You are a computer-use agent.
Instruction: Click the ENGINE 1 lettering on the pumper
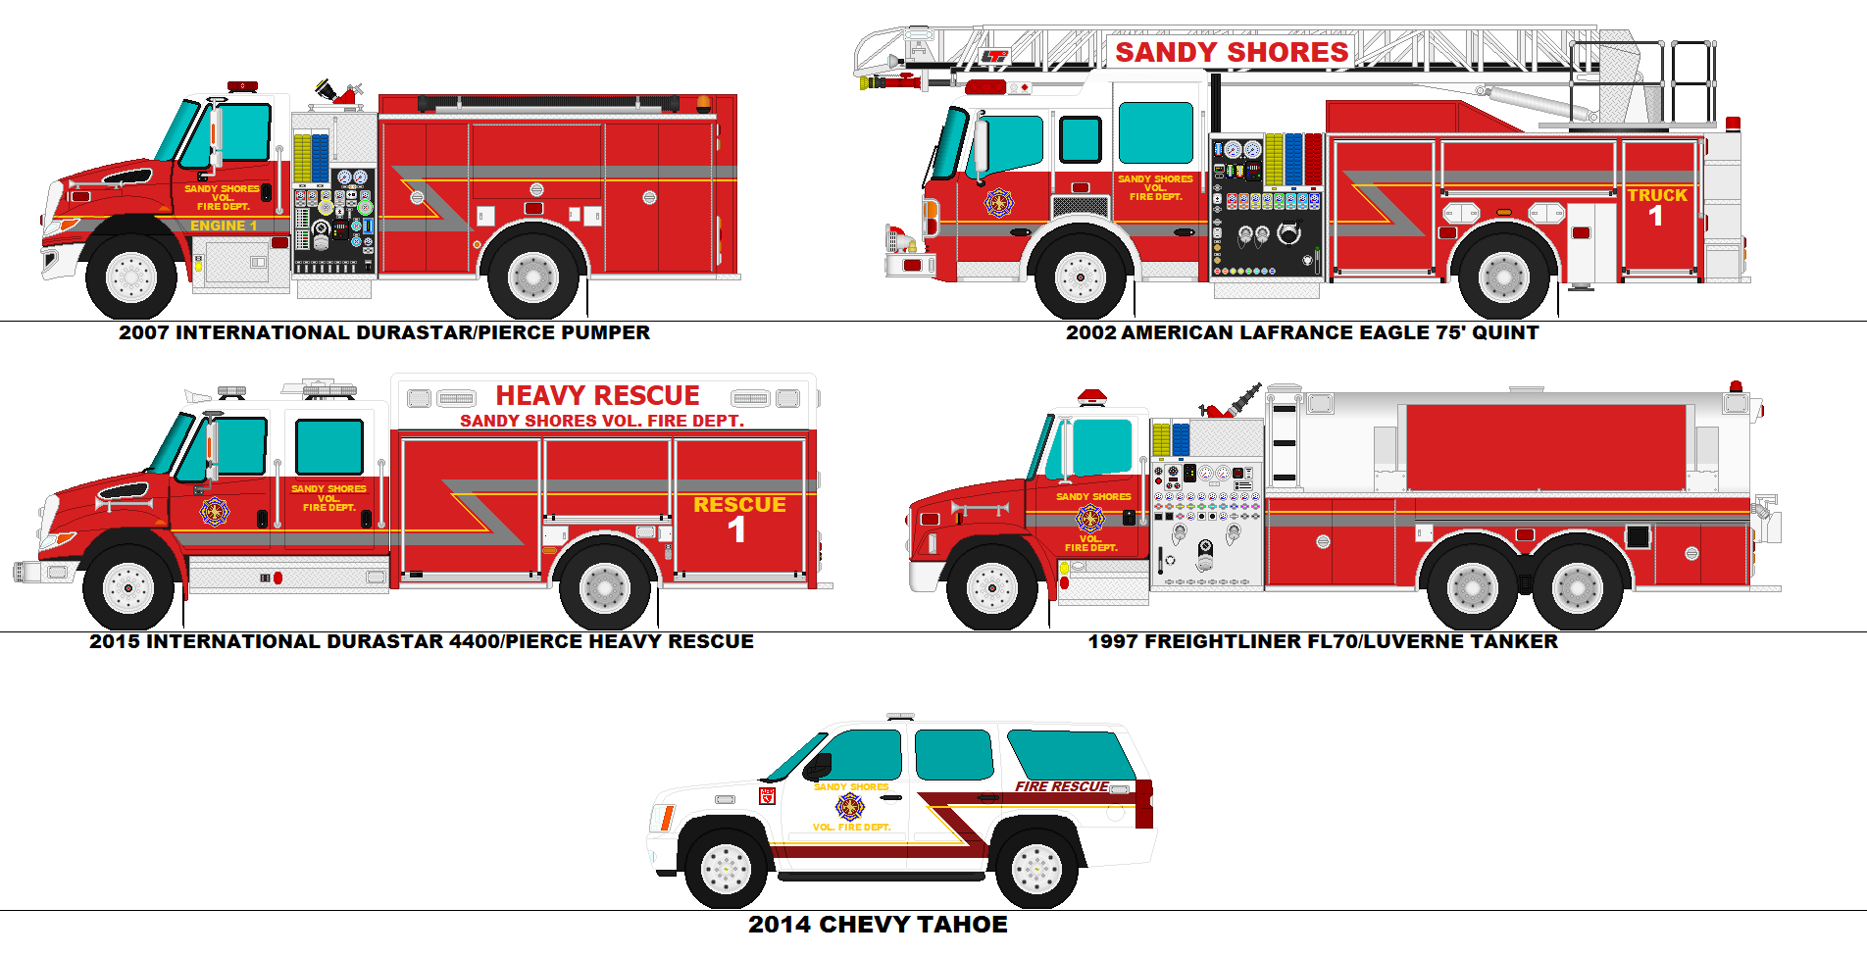224,226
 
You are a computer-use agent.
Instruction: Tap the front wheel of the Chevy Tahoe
726,868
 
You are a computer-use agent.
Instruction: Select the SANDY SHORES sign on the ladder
1232,52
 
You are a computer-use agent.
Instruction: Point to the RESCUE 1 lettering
739,518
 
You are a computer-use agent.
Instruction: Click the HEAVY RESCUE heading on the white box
597,395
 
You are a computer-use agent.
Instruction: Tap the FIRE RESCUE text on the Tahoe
1061,786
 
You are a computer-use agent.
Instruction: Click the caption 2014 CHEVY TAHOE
878,925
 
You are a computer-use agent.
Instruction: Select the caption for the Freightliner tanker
1322,641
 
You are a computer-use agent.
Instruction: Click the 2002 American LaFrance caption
1301,332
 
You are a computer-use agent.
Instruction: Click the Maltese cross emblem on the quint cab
999,203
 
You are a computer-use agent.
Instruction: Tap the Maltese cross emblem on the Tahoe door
850,807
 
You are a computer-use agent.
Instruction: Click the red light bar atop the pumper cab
242,86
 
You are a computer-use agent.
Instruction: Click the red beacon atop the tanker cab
1091,397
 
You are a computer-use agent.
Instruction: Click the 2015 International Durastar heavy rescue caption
422,641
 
